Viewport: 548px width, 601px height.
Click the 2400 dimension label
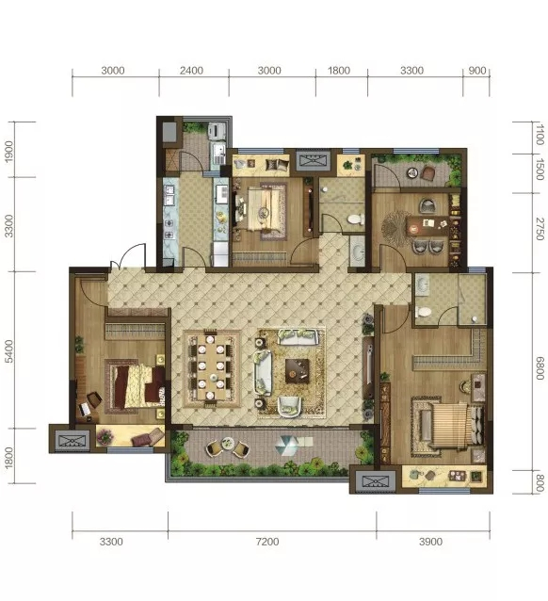pyautogui.click(x=191, y=71)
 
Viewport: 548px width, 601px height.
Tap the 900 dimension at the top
pyautogui.click(x=477, y=71)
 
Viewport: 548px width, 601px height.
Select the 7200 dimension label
pyautogui.click(x=267, y=542)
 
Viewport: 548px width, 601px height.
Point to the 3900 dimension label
pyautogui.click(x=430, y=542)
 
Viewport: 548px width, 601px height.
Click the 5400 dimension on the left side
pyautogui.click(x=8, y=350)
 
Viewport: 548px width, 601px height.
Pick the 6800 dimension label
pyautogui.click(x=540, y=368)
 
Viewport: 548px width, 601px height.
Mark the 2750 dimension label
pyautogui.click(x=540, y=229)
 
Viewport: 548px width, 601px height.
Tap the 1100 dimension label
pyautogui.click(x=540, y=134)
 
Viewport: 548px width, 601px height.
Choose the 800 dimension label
pyautogui.click(x=540, y=482)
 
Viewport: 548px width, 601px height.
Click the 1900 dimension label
pyautogui.click(x=8, y=152)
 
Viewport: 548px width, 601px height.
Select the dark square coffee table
pyautogui.click(x=297, y=371)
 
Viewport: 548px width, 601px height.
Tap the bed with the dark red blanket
pyautogui.click(x=136, y=386)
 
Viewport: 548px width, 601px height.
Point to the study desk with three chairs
pyautogui.click(x=427, y=225)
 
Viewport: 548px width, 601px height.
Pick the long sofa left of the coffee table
pyautogui.click(x=264, y=372)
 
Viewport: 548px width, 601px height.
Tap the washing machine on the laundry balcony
pyautogui.click(x=216, y=131)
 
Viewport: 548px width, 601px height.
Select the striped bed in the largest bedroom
pyautogui.click(x=450, y=425)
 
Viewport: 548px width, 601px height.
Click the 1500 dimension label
pyautogui.click(x=540, y=169)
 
